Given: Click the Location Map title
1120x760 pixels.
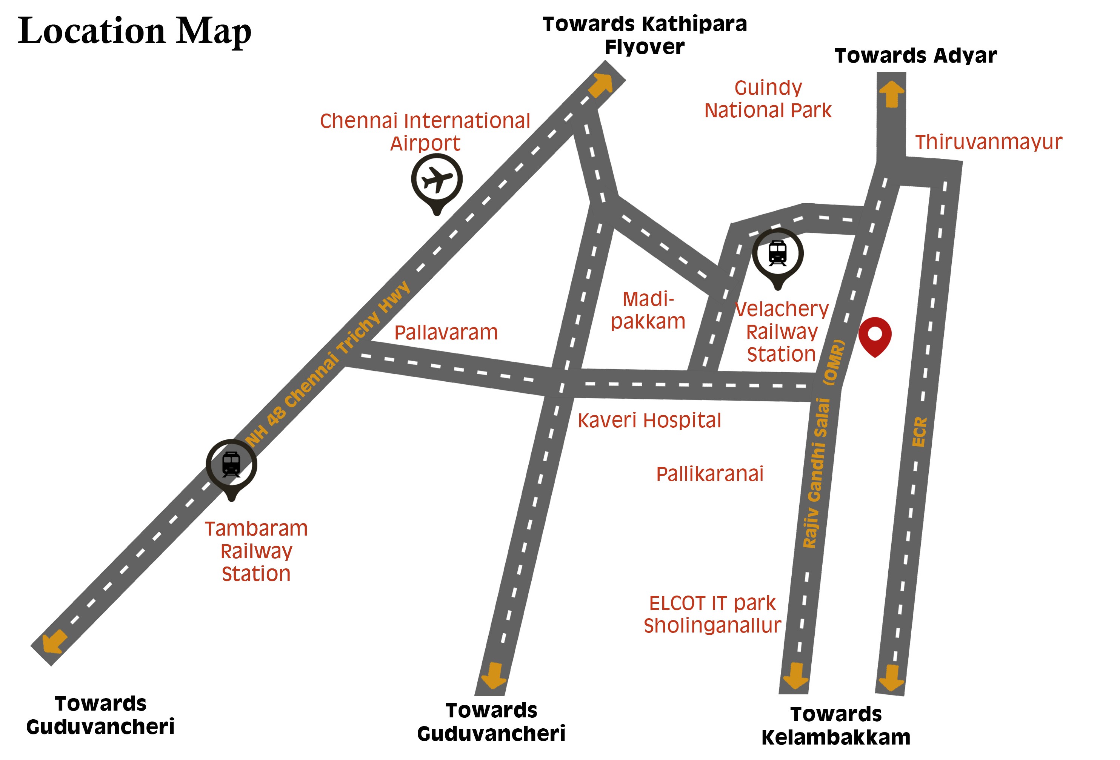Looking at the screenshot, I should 134,31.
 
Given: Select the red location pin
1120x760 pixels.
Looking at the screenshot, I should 874,334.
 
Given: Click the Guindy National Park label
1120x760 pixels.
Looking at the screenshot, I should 768,99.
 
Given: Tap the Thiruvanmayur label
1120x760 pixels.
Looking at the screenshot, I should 988,142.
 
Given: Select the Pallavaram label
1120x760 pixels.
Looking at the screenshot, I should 446,333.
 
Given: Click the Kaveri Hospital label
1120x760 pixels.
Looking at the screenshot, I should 649,421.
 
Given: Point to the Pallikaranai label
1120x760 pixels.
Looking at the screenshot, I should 709,474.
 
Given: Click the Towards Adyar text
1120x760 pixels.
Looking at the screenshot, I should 916,56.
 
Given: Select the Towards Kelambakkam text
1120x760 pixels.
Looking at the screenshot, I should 836,726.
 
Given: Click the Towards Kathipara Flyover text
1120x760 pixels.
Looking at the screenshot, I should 645,35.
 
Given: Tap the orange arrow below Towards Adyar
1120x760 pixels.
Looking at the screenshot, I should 892,94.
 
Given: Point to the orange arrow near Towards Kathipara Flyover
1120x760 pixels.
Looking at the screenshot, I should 600,85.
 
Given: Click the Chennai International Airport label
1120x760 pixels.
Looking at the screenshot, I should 425,132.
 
